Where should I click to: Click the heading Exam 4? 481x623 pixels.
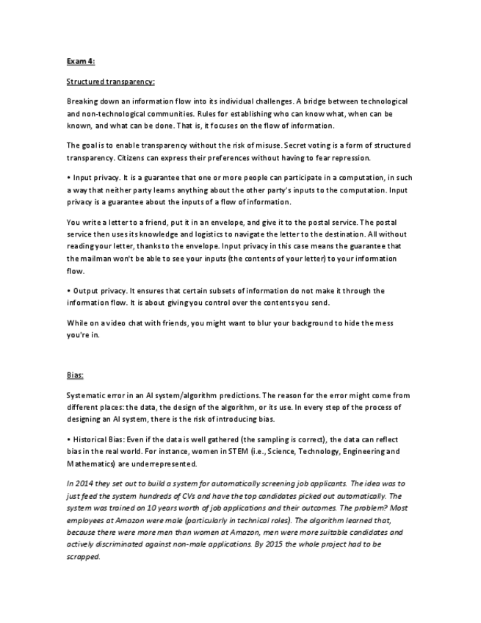click(x=80, y=62)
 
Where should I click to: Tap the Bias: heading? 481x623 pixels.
click(x=75, y=375)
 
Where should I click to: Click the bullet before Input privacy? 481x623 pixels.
click(x=68, y=177)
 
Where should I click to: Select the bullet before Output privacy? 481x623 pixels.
click(x=68, y=290)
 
